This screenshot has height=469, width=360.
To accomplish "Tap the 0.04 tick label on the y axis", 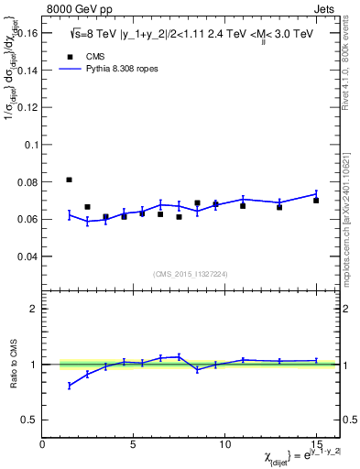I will click(x=28, y=256).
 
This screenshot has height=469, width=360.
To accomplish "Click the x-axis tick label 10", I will click(x=224, y=445).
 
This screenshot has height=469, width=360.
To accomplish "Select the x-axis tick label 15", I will click(x=315, y=445).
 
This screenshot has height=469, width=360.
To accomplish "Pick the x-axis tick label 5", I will click(x=134, y=445).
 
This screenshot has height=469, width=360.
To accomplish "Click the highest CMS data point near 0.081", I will click(x=70, y=180).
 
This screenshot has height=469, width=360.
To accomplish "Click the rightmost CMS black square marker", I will click(x=316, y=200).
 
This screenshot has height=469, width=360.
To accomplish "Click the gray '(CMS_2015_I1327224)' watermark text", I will click(x=190, y=274).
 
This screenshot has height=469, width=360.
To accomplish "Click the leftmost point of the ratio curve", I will click(x=70, y=386).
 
